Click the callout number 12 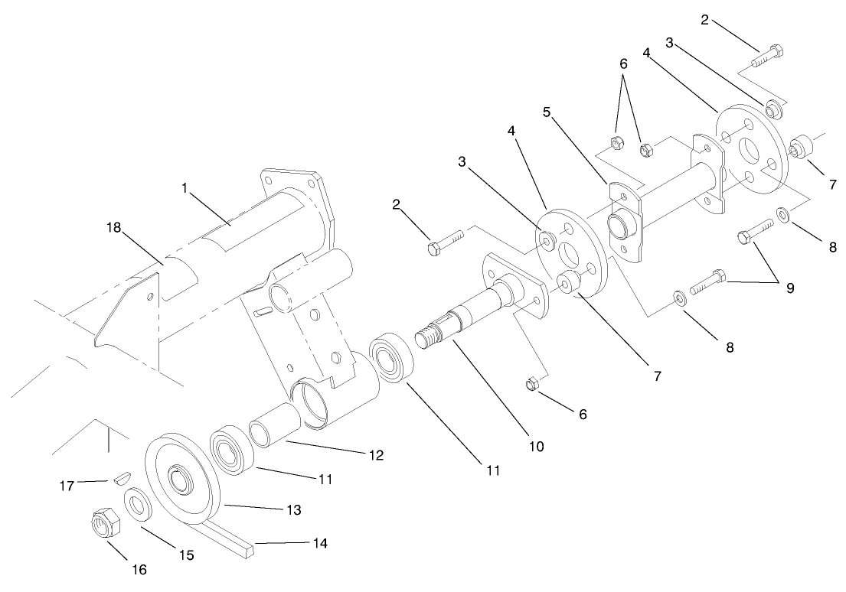375,454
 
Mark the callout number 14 319,544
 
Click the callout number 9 789,288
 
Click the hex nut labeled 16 103,525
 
